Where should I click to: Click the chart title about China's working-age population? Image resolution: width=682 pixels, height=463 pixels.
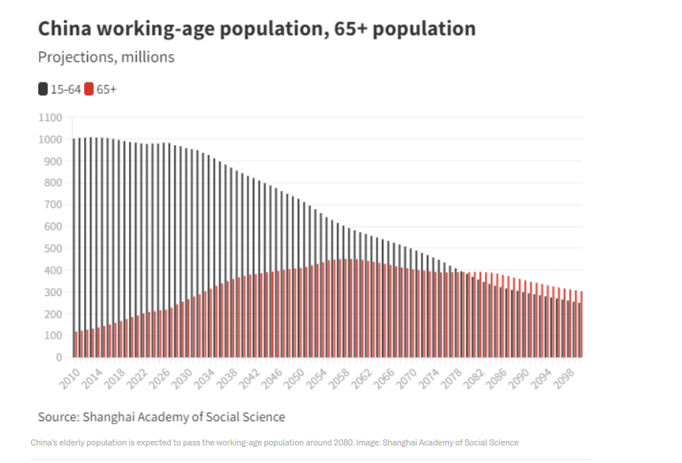click(x=257, y=29)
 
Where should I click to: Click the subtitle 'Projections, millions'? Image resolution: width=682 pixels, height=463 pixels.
click(x=106, y=57)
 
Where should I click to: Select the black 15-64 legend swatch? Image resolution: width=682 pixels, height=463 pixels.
click(x=43, y=89)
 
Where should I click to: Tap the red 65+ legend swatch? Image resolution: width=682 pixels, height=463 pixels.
click(x=89, y=89)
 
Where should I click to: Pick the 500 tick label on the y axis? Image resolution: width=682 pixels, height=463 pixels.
click(x=52, y=249)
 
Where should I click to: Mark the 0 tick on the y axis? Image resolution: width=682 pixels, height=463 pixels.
click(x=58, y=357)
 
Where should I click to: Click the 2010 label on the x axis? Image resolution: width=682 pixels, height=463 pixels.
click(x=69, y=376)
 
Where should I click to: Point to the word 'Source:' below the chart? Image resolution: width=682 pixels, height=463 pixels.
click(x=58, y=416)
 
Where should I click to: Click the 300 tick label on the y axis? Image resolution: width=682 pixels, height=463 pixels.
click(x=52, y=292)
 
